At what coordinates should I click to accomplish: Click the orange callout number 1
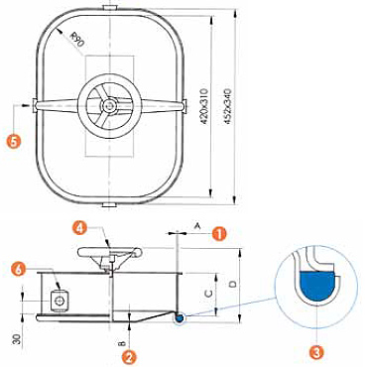point(220,234)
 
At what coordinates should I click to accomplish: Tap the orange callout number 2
point(129,357)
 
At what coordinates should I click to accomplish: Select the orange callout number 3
point(316,353)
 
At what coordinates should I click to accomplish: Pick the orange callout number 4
point(80,229)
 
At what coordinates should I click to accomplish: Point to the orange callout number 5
point(14,141)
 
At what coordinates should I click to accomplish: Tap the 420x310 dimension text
point(204,106)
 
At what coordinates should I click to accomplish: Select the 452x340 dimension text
point(228,106)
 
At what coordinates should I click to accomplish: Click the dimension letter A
point(197,226)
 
